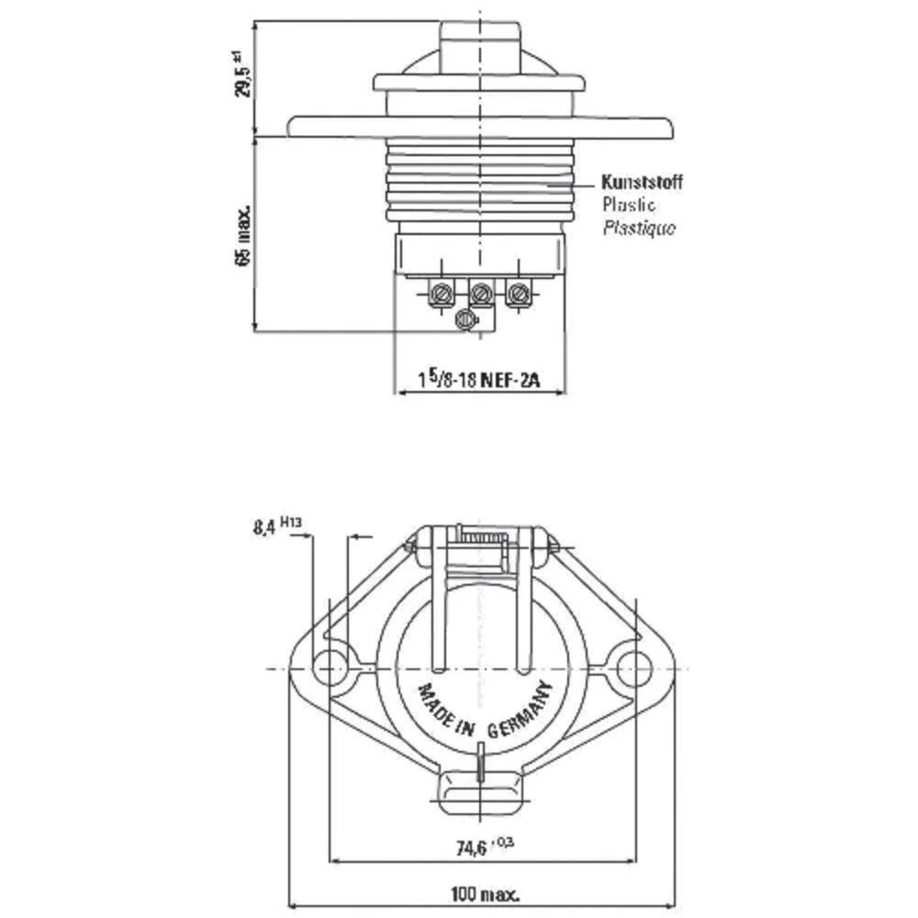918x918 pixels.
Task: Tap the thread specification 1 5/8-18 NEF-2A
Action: pos(479,378)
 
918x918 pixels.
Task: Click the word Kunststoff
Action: pos(642,182)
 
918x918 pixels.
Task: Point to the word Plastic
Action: pos(629,205)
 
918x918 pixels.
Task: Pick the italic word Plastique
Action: pos(638,228)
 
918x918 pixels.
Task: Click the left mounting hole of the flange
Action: pos(328,668)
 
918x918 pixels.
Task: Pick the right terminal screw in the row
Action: pos(519,295)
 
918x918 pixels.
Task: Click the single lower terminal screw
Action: pos(467,319)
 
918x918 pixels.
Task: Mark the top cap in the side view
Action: pos(479,41)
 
